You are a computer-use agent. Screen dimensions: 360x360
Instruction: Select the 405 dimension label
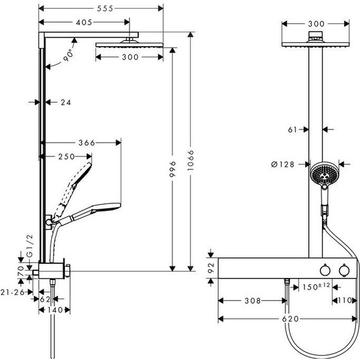[x=84, y=22]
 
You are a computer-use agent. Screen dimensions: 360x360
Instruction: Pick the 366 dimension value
[x=83, y=143]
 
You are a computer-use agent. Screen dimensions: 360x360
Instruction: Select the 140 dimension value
[x=56, y=309]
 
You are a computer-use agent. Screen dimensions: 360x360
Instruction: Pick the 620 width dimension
[x=290, y=319]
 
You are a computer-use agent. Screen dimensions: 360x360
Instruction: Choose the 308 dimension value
[x=252, y=301]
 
